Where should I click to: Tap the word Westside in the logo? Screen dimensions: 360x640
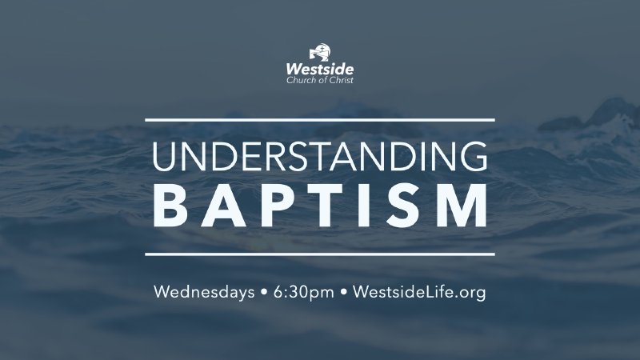[320, 70]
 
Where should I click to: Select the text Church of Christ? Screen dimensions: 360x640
[320, 80]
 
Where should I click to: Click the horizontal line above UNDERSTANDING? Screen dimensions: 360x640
[320, 119]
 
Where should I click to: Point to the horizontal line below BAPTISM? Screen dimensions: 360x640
[320, 254]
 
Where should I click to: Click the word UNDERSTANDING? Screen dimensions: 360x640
[320, 156]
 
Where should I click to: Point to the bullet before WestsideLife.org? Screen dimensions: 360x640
[344, 293]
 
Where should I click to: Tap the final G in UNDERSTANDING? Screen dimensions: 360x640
[473, 156]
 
